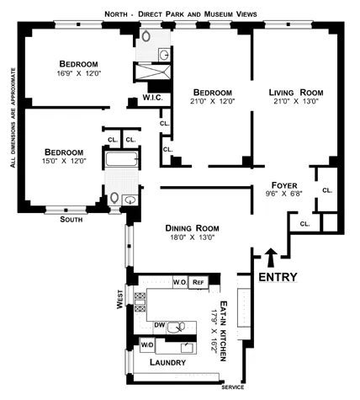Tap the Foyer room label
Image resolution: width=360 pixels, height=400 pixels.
pos(287,184)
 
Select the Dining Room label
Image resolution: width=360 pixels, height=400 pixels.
pos(191,227)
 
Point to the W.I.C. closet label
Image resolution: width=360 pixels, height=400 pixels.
pos(153,99)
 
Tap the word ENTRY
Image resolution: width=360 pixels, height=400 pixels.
pos(278,277)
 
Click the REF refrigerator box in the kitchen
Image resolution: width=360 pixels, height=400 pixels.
pos(199,282)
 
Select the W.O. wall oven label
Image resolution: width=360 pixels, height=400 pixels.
pos(179,282)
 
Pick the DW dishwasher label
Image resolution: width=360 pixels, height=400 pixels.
pos(159,323)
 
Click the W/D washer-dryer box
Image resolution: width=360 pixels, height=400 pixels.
pos(146,344)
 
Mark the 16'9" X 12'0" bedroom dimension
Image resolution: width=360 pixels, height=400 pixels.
pos(78,75)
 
